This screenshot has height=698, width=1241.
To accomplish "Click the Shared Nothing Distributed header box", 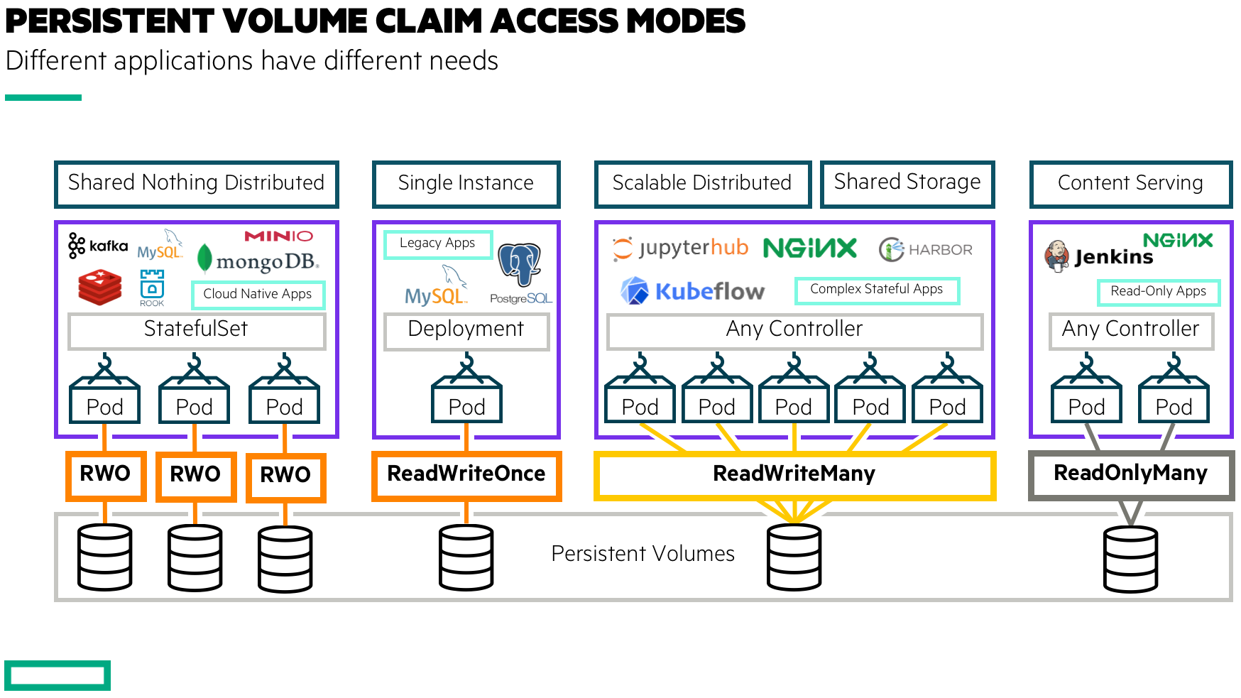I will pyautogui.click(x=197, y=184).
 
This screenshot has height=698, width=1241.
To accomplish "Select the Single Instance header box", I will pyautogui.click(x=466, y=184).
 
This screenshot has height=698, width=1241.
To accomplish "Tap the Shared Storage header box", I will pyautogui.click(x=907, y=183).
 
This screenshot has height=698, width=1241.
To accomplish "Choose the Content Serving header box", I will pyautogui.click(x=1130, y=184).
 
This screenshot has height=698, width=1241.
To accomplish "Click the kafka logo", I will pyautogui.click(x=98, y=246).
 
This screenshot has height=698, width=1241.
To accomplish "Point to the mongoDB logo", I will pyautogui.click(x=258, y=261).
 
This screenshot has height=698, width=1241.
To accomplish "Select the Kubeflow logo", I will pyautogui.click(x=693, y=291).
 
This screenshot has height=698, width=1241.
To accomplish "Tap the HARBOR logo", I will pyautogui.click(x=926, y=249).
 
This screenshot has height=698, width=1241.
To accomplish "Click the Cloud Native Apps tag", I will pyautogui.click(x=258, y=294).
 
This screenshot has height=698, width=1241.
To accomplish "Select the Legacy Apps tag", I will pyautogui.click(x=437, y=244).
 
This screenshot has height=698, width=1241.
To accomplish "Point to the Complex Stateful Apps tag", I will pyautogui.click(x=876, y=290).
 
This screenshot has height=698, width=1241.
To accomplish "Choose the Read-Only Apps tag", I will pyautogui.click(x=1158, y=291).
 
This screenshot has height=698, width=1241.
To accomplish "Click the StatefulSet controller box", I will pyautogui.click(x=197, y=330).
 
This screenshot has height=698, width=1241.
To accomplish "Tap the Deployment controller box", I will pyautogui.click(x=466, y=330).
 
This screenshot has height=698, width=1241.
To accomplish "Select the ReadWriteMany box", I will pyautogui.click(x=794, y=474).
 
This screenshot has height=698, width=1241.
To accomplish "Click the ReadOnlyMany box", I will pyautogui.click(x=1130, y=474).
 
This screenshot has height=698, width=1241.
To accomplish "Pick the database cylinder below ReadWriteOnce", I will pyautogui.click(x=466, y=557).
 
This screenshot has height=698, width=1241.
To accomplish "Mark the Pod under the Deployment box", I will pyautogui.click(x=466, y=401).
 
